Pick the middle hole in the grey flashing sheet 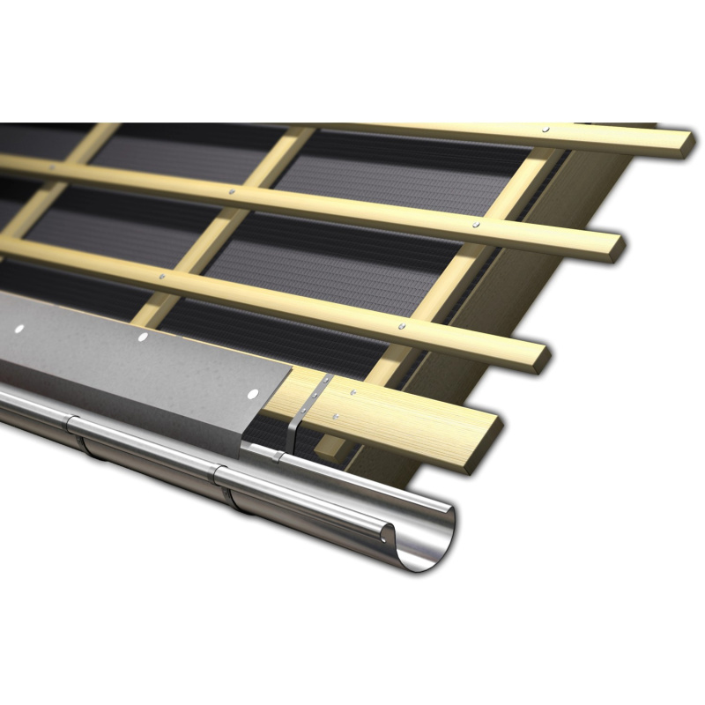141,337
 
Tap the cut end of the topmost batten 681,145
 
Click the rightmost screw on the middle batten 476,226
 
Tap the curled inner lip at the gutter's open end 388,528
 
